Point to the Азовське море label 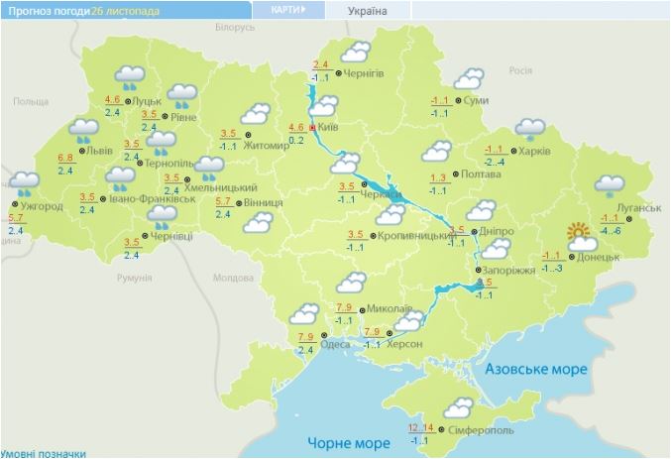pyautogui.click(x=536, y=369)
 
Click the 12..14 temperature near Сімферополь pyautogui.click(x=420, y=427)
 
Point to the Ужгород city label pyautogui.click(x=43, y=206)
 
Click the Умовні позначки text pyautogui.click(x=44, y=452)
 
